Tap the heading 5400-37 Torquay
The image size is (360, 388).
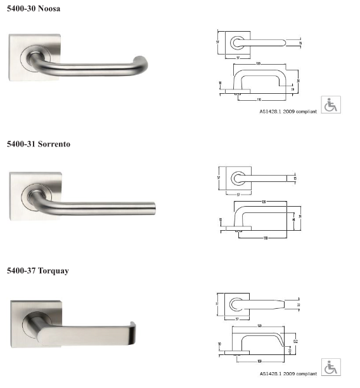pyautogui.click(x=37, y=271)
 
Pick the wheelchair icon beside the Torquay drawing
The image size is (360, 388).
pyautogui.click(x=331, y=367)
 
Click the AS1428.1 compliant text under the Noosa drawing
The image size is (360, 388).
pyautogui.click(x=288, y=112)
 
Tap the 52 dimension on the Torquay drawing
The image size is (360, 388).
pyautogui.click(x=295, y=342)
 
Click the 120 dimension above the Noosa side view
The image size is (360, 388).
pyautogui.click(x=259, y=64)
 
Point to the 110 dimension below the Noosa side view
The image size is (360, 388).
pyautogui.click(x=259, y=100)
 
